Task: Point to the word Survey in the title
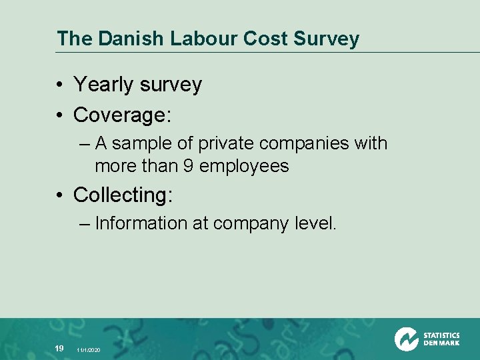(x=327, y=39)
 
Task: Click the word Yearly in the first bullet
(x=103, y=85)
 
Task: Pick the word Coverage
(x=123, y=115)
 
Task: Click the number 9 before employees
(x=188, y=165)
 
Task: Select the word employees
(x=244, y=166)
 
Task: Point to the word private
(x=227, y=143)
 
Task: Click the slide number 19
(x=59, y=348)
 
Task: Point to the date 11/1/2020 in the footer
(x=89, y=350)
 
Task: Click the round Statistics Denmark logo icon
(x=406, y=339)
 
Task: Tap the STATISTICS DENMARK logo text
(x=441, y=339)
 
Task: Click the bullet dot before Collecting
(x=60, y=196)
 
